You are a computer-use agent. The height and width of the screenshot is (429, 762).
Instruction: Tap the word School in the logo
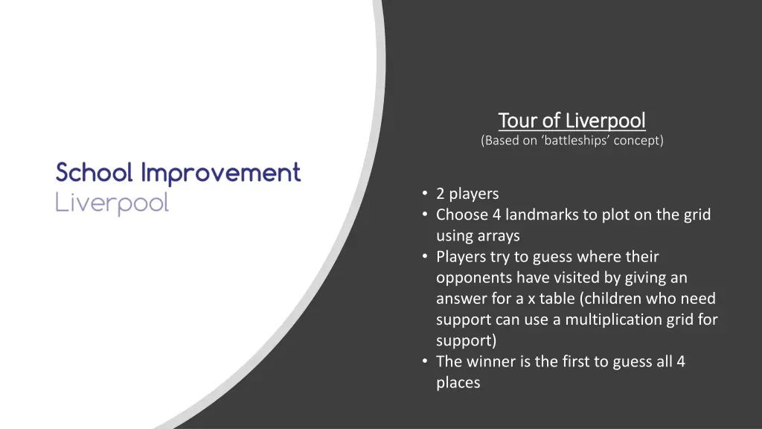[x=95, y=173]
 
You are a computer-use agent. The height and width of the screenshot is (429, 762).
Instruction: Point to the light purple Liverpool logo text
[x=112, y=203]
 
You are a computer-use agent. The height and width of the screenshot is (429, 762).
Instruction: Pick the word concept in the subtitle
[x=636, y=140]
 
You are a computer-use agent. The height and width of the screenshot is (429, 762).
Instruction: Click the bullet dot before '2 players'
[x=425, y=194]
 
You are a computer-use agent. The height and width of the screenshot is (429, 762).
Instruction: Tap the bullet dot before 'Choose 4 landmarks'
[x=425, y=214]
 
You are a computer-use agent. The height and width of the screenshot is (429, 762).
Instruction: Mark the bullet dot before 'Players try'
[x=425, y=256]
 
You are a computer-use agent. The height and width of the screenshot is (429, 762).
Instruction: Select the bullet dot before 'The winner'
[x=425, y=361]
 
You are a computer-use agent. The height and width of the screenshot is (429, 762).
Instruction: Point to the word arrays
[x=498, y=236]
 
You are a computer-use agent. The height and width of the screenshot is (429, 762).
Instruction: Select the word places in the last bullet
[x=458, y=383]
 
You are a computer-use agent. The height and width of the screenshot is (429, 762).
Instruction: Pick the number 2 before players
[x=441, y=194]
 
